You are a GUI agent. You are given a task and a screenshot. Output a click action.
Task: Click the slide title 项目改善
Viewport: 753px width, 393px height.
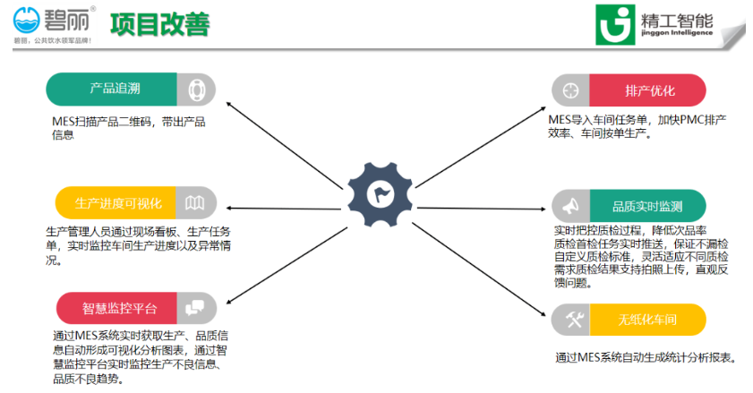[160, 24]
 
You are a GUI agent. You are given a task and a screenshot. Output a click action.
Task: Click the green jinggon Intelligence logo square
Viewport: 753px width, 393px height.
[614, 26]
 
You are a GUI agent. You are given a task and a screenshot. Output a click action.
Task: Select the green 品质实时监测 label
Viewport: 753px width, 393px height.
[647, 207]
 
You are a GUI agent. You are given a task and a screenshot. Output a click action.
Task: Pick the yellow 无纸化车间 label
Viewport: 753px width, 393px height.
[646, 320]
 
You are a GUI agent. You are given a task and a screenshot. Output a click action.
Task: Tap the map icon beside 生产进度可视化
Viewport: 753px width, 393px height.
[195, 203]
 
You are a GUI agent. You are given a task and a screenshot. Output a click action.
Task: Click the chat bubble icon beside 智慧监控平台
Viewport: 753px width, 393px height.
[195, 309]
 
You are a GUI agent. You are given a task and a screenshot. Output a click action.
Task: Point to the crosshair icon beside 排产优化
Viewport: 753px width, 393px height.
[569, 90]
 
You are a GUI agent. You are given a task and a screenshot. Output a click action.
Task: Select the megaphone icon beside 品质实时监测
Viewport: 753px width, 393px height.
[569, 207]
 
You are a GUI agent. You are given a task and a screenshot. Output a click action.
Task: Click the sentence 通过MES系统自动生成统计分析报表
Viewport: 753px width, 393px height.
[645, 358]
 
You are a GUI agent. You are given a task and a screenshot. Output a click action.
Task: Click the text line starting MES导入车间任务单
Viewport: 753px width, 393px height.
[637, 119]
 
